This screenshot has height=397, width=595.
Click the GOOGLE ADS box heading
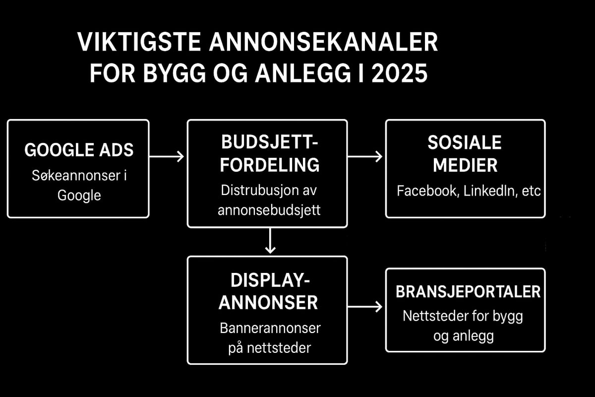(79, 150)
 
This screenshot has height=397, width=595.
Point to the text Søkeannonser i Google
(79, 186)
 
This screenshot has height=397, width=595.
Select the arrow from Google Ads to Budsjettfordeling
(167, 156)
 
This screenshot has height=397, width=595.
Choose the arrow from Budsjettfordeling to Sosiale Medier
(365, 156)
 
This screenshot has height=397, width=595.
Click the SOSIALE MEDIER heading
(465, 154)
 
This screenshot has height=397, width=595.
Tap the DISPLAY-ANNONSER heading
(268, 291)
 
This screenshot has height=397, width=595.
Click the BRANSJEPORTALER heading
(468, 292)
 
